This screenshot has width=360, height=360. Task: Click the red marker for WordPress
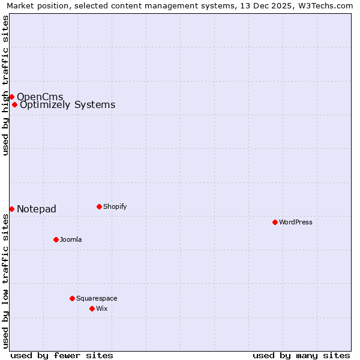(275, 222)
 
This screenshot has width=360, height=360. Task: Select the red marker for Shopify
(99, 206)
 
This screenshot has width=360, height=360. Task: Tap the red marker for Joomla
(56, 239)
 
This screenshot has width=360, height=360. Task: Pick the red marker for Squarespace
(72, 298)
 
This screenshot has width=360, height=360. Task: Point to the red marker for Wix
(92, 308)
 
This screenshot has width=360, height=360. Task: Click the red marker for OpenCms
(11, 97)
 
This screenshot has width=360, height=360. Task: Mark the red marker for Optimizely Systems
(14, 104)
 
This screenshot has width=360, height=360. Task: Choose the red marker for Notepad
(11, 209)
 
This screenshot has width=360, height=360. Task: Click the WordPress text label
(296, 222)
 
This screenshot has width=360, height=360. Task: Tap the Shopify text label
(115, 206)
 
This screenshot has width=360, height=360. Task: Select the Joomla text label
(71, 239)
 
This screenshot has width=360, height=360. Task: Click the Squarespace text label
(97, 298)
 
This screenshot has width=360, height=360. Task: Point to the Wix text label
(102, 308)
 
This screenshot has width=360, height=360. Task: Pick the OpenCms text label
(40, 97)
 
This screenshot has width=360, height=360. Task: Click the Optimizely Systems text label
(67, 105)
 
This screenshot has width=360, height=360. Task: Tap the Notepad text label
(36, 209)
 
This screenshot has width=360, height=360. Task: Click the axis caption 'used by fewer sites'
(62, 355)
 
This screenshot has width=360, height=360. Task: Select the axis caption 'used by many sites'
(301, 355)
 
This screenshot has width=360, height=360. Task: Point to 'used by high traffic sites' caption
(5, 85)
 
